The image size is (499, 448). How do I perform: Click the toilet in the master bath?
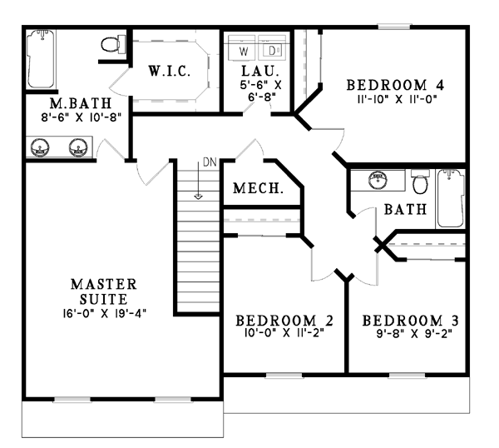coord(113,45)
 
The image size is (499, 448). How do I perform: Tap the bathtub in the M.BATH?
coord(41,59)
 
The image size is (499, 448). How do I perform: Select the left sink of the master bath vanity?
coord(40,148)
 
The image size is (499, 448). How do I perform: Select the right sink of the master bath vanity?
coord(78,148)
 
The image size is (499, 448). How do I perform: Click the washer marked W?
coord(242,47)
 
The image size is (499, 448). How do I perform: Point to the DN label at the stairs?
coord(210,162)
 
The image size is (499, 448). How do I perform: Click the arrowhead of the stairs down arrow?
coord(198,197)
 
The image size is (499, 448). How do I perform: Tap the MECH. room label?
coord(258,188)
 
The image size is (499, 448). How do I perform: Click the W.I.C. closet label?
coord(170,71)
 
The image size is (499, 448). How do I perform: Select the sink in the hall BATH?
coord(378,180)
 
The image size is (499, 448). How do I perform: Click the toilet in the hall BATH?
coord(420,182)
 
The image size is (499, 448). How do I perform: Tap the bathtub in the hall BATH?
coord(450,198)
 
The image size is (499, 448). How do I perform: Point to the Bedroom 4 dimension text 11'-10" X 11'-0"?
coord(396,99)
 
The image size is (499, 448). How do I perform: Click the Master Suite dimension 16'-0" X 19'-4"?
coord(105,313)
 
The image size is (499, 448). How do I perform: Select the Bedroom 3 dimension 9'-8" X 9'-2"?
coord(414,334)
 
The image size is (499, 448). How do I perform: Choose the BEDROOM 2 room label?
coord(284,321)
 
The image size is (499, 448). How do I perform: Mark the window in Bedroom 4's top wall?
coord(394,27)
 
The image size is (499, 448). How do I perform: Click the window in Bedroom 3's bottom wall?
coord(407,376)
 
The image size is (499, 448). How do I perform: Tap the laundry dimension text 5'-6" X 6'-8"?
coord(260,90)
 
